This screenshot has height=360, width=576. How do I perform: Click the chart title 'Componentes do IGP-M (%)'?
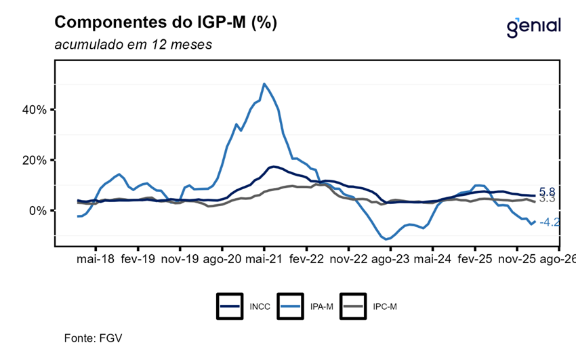coord(165,23)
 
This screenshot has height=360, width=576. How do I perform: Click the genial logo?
coord(533,26)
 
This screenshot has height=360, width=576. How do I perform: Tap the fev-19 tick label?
coord(137,258)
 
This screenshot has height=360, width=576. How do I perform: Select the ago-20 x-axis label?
coord(222,258)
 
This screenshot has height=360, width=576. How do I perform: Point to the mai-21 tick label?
coord(264,258)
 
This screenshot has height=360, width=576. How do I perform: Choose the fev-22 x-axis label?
coord(306,258)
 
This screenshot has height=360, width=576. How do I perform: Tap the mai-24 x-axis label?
coord(433,258)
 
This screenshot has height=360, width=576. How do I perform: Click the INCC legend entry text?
coord(260,306)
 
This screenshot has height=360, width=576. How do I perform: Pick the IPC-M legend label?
coord(385,306)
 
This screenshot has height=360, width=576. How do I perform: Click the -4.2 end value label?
coord(550,222)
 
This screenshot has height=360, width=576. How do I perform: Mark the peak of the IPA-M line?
coord(264,84)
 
